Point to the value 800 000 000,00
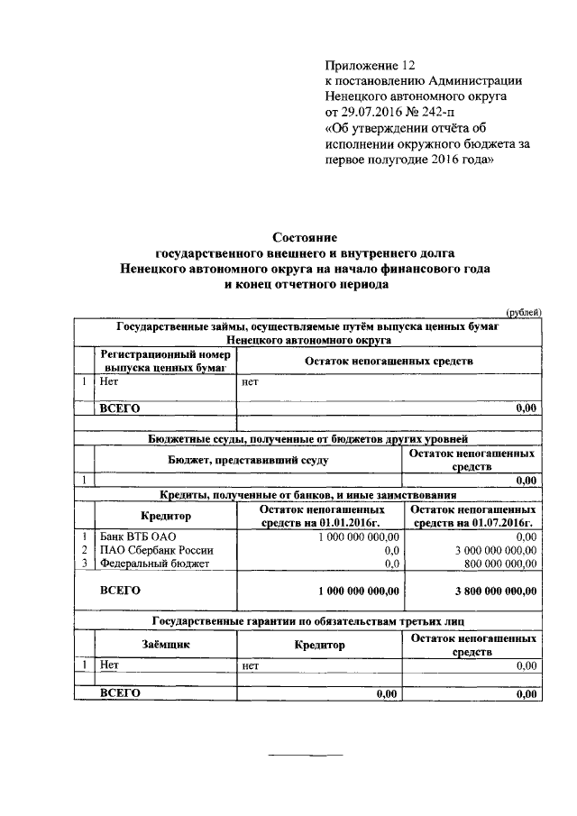coord(494,564)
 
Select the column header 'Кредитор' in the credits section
coord(167,516)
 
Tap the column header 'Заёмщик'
coord(166,645)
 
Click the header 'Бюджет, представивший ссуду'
coord(245,460)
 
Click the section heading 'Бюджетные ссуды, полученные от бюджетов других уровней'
coord(307,439)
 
